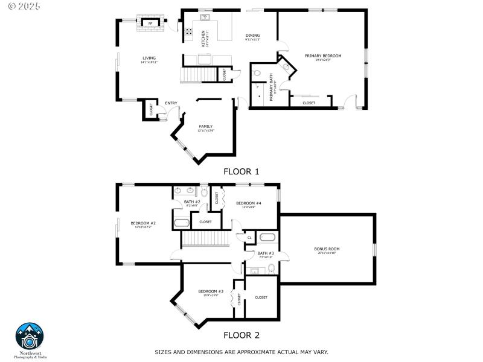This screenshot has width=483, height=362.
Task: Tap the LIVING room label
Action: click(149, 58)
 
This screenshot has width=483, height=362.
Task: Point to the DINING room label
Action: click(252, 36)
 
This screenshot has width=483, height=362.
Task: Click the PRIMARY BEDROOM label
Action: click(323, 56)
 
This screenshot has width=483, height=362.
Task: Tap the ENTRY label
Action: click(171, 103)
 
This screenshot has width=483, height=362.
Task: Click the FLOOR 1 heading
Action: click(241, 171)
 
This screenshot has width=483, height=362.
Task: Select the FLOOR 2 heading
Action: click(241, 335)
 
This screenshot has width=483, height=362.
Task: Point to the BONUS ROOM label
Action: click(327, 249)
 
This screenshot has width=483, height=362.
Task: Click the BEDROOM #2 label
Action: click(143, 223)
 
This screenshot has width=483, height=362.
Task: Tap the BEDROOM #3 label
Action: click(211, 291)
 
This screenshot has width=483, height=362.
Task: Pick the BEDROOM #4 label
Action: click(249, 203)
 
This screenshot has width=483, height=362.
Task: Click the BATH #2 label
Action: click(192, 202)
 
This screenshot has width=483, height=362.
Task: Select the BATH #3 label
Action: click(266, 253)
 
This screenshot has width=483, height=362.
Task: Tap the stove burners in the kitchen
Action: click(189, 33)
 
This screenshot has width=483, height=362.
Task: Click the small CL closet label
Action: click(249, 238)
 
